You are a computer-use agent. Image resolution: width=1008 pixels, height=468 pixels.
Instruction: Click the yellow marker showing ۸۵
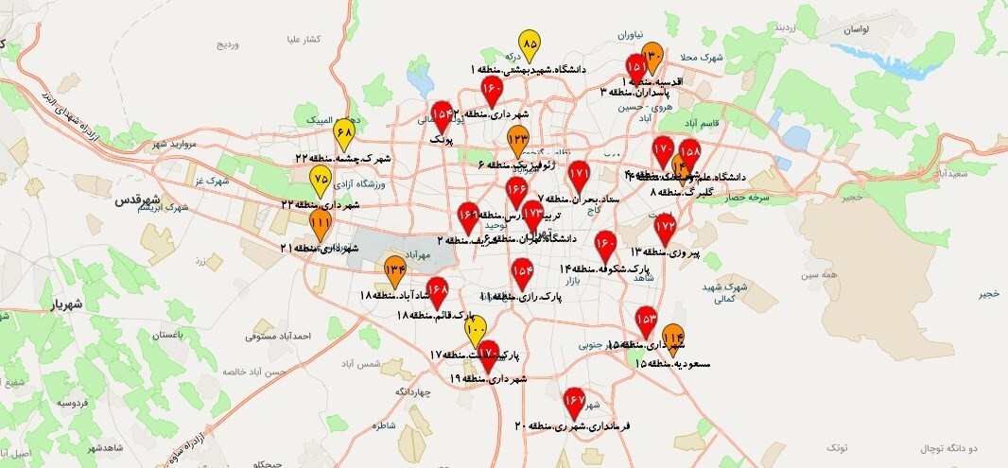(530, 45)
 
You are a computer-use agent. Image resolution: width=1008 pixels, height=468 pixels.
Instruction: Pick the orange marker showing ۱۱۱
(321, 226)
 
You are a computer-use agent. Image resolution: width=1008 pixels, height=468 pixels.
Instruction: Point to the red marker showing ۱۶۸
(437, 290)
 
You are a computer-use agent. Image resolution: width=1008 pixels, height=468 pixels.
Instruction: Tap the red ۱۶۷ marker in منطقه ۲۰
(574, 403)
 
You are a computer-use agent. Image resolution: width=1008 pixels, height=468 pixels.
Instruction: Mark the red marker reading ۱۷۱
(580, 176)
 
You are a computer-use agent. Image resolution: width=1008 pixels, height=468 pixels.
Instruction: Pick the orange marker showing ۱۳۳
(517, 140)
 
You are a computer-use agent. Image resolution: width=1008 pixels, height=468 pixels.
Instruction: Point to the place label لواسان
(850, 31)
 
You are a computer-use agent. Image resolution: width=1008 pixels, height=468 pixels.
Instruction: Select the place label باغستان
(164, 336)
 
